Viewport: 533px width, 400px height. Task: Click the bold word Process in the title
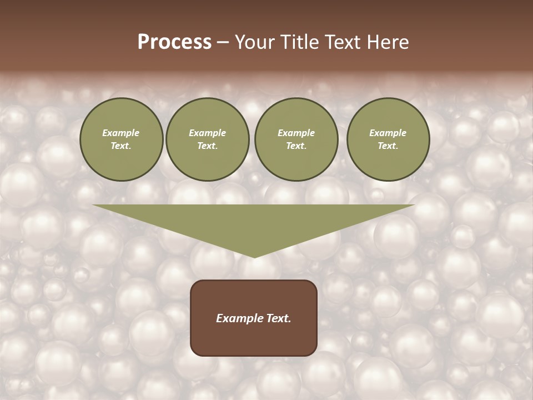(x=174, y=42)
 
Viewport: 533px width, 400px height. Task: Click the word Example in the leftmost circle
(x=121, y=133)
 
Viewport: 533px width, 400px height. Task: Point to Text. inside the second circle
(x=207, y=146)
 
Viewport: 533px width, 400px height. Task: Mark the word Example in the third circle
(x=296, y=133)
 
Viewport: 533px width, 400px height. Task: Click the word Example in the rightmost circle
(x=388, y=133)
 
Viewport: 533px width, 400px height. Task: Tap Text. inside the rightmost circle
(x=388, y=146)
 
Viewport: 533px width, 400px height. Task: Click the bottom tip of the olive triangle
(x=254, y=256)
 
